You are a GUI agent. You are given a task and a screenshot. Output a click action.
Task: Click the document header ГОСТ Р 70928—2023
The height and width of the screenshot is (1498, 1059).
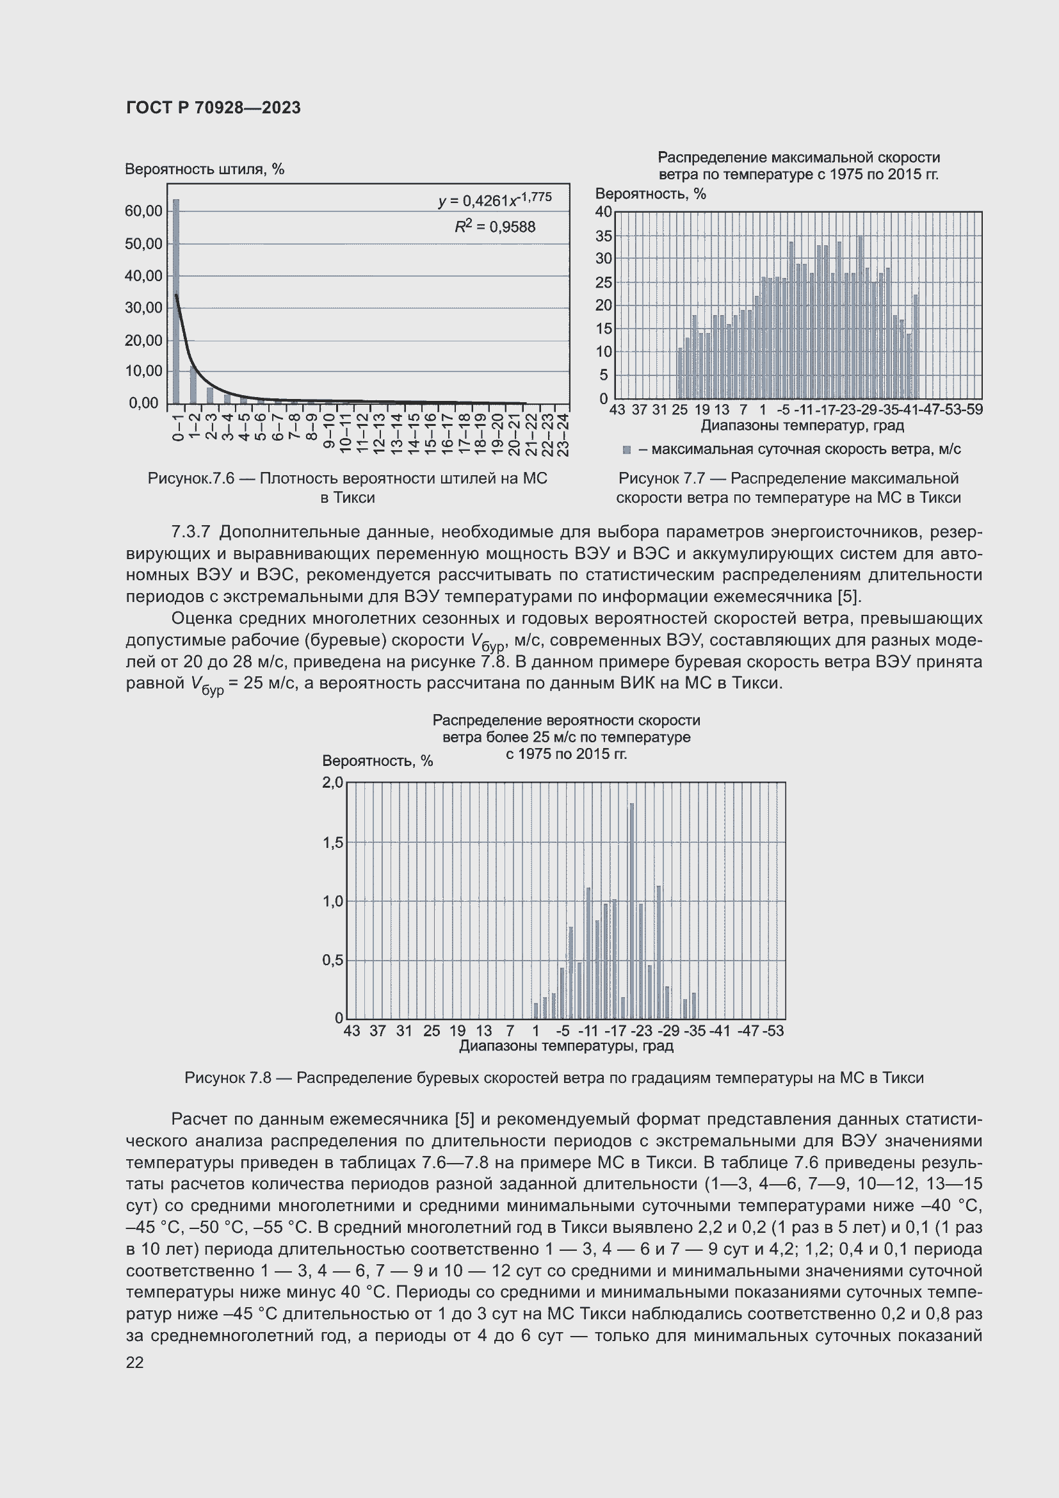click(213, 108)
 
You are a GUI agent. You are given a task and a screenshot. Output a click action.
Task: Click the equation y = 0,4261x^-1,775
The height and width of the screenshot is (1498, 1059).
click(495, 200)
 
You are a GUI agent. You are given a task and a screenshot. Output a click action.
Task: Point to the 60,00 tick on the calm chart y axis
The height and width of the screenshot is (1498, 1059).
click(143, 211)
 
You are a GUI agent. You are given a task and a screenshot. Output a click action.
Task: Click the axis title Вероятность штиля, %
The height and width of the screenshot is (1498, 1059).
click(204, 170)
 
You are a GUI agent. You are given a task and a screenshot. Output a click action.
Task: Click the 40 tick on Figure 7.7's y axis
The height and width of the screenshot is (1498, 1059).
click(603, 211)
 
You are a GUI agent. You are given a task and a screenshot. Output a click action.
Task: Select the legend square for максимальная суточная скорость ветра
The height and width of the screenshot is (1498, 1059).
click(627, 450)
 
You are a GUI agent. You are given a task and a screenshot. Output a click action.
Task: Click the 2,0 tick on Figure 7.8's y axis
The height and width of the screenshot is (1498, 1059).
click(332, 782)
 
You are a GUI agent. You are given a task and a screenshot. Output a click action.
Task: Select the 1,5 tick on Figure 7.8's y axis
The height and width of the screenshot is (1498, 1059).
click(332, 842)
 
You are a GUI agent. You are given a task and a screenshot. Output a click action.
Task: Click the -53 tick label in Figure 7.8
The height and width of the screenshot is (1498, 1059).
click(773, 1031)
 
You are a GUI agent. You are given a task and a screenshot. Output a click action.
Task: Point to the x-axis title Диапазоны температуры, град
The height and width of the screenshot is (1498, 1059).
click(566, 1046)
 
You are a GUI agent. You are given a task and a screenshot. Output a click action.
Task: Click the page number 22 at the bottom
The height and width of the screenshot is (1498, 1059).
click(134, 1362)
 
